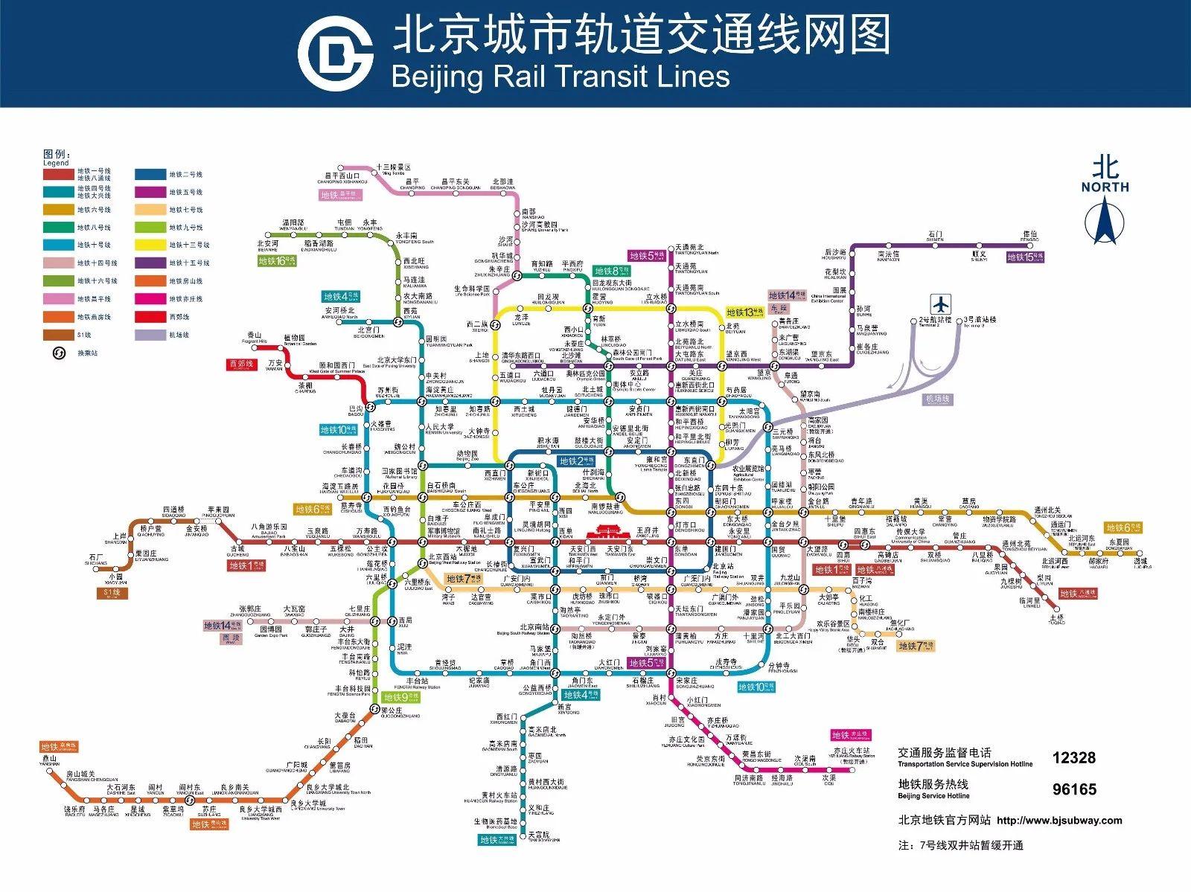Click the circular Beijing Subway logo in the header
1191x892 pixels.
pyautogui.click(x=335, y=54)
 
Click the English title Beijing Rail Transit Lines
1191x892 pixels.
pyautogui.click(x=560, y=77)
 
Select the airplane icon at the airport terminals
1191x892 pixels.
pyautogui.click(x=941, y=304)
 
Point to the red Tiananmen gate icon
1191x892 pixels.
pyautogui.click(x=607, y=532)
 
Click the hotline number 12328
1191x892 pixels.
pyautogui.click(x=1073, y=758)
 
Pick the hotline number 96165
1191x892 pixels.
pyautogui.click(x=1073, y=789)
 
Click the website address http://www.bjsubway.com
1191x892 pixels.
pyautogui.click(x=1059, y=821)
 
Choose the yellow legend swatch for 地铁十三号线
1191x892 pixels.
pyautogui.click(x=150, y=245)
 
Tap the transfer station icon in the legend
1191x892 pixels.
pyautogui.click(x=60, y=353)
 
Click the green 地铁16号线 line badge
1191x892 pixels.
pyautogui.click(x=277, y=261)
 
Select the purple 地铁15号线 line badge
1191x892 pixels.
pyautogui.click(x=1025, y=257)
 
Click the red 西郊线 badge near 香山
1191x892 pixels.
pyautogui.click(x=242, y=365)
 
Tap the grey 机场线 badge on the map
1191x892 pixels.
pyautogui.click(x=937, y=400)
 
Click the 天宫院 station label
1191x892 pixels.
pyautogui.click(x=539, y=836)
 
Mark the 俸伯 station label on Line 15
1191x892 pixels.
pyautogui.click(x=1029, y=236)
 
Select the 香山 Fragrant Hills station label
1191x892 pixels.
pyautogui.click(x=254, y=337)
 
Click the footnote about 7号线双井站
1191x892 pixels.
pyautogui.click(x=960, y=845)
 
